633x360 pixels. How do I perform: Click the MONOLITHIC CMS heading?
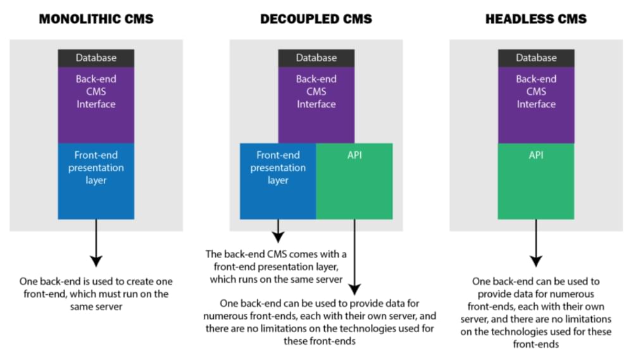(96, 19)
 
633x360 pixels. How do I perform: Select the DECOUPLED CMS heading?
(316, 19)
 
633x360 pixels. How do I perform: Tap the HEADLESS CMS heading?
(536, 19)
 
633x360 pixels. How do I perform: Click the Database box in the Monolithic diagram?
(96, 58)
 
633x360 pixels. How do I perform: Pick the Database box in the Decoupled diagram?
(316, 58)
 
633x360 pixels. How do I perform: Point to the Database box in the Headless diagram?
(536, 58)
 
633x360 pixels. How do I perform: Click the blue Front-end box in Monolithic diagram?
(96, 180)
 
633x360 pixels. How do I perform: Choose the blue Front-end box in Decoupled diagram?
(278, 180)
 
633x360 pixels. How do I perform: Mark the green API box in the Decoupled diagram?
(354, 180)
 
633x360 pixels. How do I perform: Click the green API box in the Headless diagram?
(536, 180)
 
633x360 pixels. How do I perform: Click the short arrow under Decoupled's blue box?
(278, 230)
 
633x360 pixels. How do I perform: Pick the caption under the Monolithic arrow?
(96, 293)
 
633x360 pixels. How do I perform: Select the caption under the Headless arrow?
(536, 313)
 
